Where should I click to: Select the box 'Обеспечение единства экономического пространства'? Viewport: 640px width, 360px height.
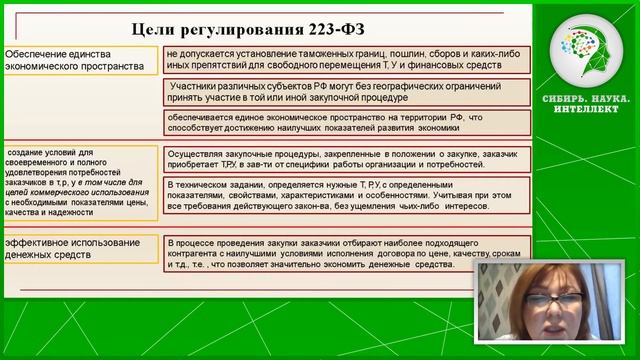coord(80,60)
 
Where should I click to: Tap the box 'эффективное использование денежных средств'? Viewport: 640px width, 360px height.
coord(80,248)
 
